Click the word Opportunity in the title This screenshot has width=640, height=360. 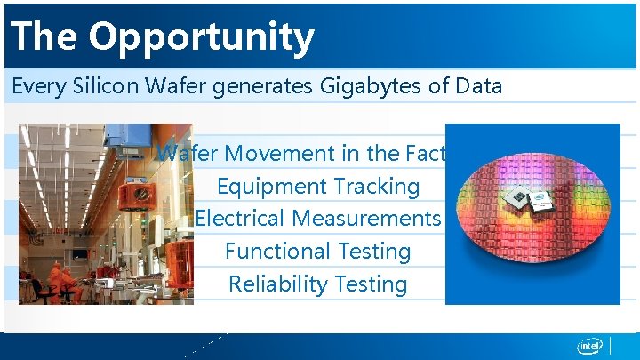[201, 37]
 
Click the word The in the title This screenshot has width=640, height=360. [45, 37]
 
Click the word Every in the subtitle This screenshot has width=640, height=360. [35, 87]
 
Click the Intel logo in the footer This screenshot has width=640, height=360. [589, 346]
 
